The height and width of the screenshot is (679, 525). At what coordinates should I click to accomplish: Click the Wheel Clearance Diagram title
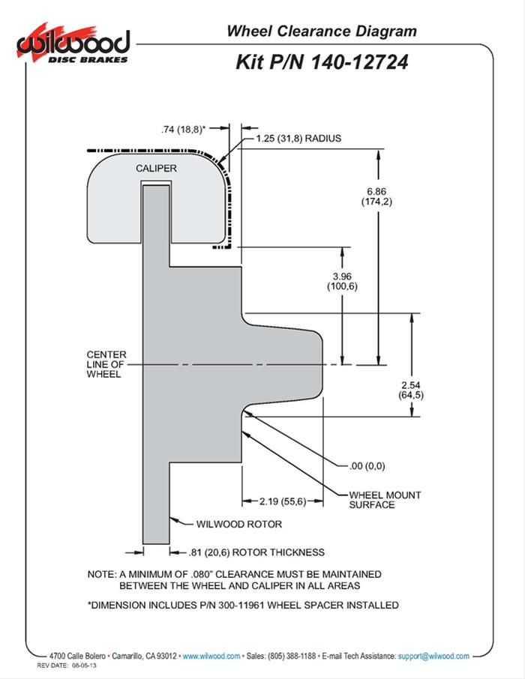click(x=321, y=31)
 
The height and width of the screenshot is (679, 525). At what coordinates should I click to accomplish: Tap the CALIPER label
click(x=157, y=169)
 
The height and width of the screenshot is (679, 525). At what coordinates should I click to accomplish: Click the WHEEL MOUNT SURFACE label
click(x=385, y=500)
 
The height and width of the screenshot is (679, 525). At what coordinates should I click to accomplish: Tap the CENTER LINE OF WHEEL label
click(x=106, y=363)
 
